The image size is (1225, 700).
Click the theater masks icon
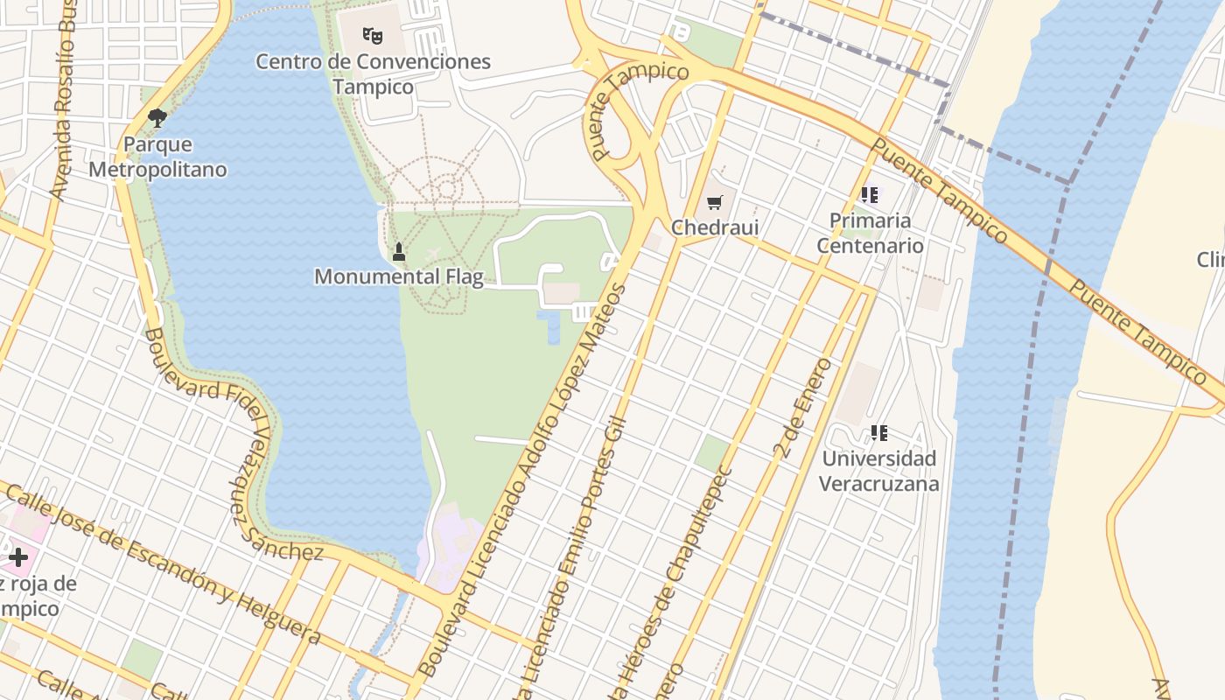[x=373, y=36]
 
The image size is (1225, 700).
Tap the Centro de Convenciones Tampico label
[x=373, y=74]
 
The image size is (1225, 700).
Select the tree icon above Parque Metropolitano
[x=157, y=117]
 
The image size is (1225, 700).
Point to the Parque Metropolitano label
[x=157, y=157]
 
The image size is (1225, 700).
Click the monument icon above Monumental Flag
[x=399, y=252]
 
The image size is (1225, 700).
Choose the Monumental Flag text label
[x=399, y=276]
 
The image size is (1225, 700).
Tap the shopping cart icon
[x=715, y=203]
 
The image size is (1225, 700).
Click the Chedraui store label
[x=715, y=227]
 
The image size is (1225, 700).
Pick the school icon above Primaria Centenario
[x=869, y=195]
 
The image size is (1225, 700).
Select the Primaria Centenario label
[x=870, y=233]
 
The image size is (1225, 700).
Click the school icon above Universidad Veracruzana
[x=879, y=432]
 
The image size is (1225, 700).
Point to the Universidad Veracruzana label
[x=879, y=471]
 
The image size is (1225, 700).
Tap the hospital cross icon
[x=18, y=556]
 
